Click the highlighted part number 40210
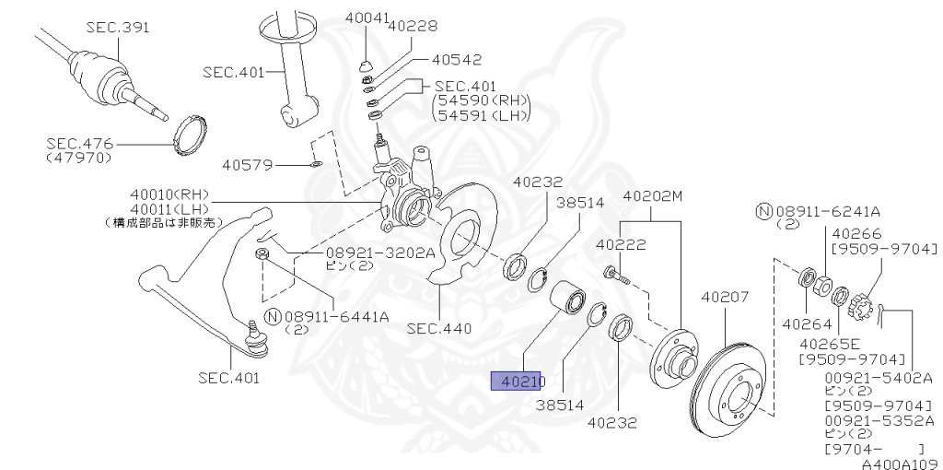pos(520,381)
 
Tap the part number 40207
pos(725,298)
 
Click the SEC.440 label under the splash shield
pos(439,327)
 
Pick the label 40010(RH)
pos(169,194)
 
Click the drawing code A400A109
pos(900,463)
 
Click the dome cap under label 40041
pos(366,66)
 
